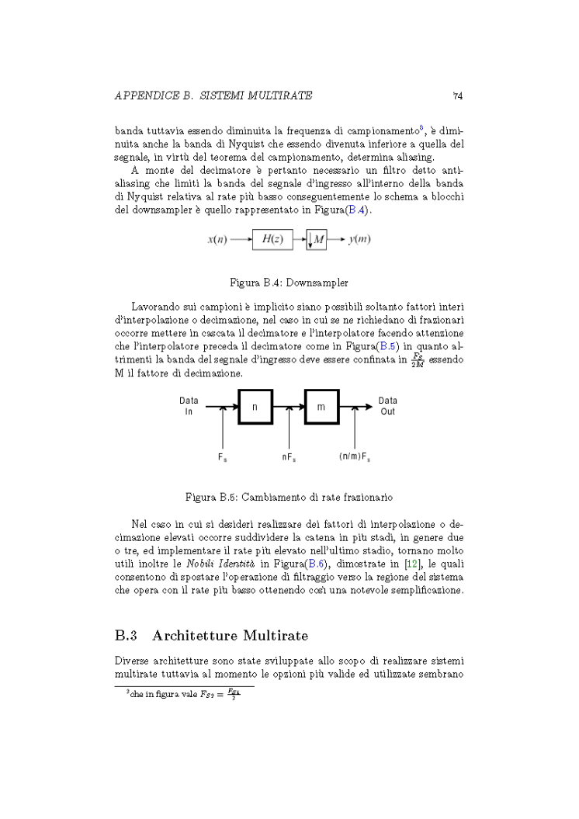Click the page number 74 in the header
[x=458, y=96]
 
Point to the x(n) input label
[x=217, y=239]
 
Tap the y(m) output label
[x=359, y=239]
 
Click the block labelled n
[x=255, y=406]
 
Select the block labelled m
[x=321, y=406]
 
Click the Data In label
[x=189, y=406]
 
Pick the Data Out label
[x=388, y=406]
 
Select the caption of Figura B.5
[x=289, y=495]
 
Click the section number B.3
[x=127, y=636]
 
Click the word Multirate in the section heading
[x=276, y=636]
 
